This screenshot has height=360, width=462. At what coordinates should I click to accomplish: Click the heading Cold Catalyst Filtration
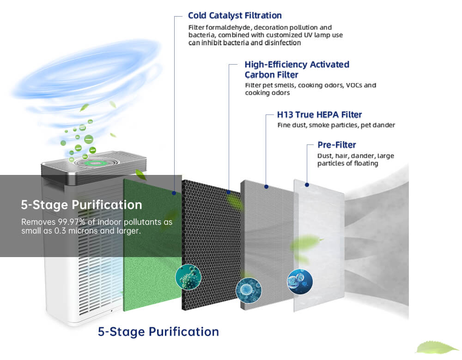click(235, 15)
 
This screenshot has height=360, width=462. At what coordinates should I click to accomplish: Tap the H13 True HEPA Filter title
click(319, 114)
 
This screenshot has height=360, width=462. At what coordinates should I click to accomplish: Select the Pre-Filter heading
click(337, 145)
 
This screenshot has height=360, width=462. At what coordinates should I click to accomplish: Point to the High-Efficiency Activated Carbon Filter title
click(297, 70)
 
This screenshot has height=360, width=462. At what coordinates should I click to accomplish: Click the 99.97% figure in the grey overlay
click(72, 222)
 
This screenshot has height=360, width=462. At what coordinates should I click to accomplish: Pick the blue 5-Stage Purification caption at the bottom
click(158, 332)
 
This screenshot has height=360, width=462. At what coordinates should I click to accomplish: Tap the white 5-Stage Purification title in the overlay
click(82, 205)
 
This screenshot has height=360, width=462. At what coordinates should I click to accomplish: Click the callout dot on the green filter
click(174, 193)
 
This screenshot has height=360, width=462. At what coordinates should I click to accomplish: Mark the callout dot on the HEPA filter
click(267, 186)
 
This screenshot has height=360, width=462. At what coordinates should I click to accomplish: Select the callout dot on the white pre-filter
click(307, 185)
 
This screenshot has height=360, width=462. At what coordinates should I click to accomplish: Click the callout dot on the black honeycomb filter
click(229, 192)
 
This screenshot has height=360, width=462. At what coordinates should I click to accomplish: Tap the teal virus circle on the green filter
click(188, 277)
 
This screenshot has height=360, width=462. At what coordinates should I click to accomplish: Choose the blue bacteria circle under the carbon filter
click(249, 290)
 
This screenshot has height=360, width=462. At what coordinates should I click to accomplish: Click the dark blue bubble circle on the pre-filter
click(300, 282)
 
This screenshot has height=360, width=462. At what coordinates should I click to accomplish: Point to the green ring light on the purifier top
click(95, 163)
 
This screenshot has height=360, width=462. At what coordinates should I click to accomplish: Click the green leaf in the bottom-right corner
click(437, 348)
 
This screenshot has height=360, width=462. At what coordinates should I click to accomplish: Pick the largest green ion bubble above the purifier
click(89, 139)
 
